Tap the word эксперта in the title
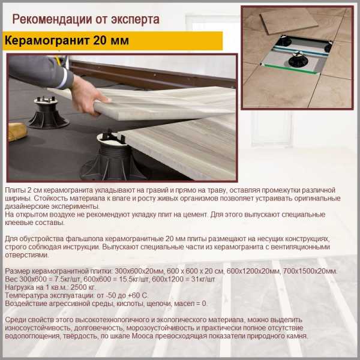pos(135,19)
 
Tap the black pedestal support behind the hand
pos(47,113)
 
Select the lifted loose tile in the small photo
pos(289,22)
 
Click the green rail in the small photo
pos(289,68)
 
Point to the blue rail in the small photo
pos(301,51)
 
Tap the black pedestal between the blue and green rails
pos(298,59)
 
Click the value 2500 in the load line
pos(80,287)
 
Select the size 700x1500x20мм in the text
pos(310,271)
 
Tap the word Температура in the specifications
pos(26,295)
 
